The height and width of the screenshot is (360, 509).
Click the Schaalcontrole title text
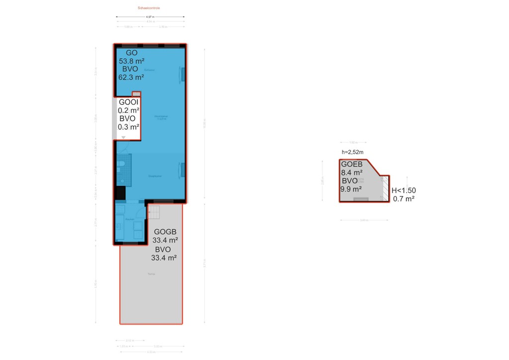149,8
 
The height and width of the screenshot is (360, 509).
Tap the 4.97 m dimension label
150,17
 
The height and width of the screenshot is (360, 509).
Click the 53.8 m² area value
131,61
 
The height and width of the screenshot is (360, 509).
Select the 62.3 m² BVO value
131,77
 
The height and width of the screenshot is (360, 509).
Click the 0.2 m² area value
128,110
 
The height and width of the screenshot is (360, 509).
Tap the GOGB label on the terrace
165,232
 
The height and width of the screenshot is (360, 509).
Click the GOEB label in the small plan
351,165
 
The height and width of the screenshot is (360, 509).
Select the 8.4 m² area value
351,173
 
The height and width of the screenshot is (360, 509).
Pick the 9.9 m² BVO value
351,189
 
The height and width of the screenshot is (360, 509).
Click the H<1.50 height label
404,190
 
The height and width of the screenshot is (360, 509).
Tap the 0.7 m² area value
404,199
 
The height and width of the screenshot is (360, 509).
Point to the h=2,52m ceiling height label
353,152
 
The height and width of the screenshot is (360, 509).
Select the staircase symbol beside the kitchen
154,212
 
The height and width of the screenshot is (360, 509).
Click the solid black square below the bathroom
121,192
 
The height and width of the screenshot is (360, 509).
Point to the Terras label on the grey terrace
151,274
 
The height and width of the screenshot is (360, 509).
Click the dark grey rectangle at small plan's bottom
360,199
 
